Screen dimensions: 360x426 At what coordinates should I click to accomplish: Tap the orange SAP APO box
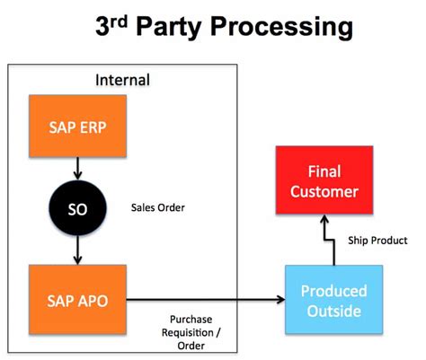click(x=79, y=298)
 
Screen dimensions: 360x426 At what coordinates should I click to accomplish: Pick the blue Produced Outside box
click(x=333, y=302)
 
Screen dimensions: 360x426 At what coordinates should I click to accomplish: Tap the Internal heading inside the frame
click(x=122, y=80)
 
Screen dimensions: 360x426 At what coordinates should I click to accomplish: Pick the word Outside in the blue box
click(x=333, y=312)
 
